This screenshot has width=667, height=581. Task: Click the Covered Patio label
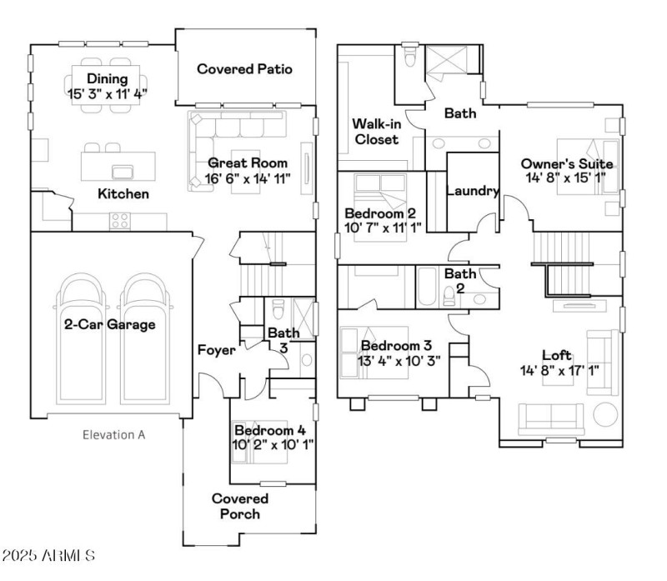coord(244,69)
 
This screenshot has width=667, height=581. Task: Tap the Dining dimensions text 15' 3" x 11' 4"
coord(108,93)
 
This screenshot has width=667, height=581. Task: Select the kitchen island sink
coord(123,173)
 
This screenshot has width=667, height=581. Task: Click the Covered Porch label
coord(239,506)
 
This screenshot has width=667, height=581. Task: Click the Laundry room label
coord(473,191)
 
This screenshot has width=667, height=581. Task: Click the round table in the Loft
coord(604,414)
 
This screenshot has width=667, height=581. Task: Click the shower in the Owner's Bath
coord(451,63)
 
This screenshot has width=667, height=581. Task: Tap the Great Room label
coord(248,163)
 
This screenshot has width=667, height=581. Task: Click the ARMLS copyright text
coord(48,555)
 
